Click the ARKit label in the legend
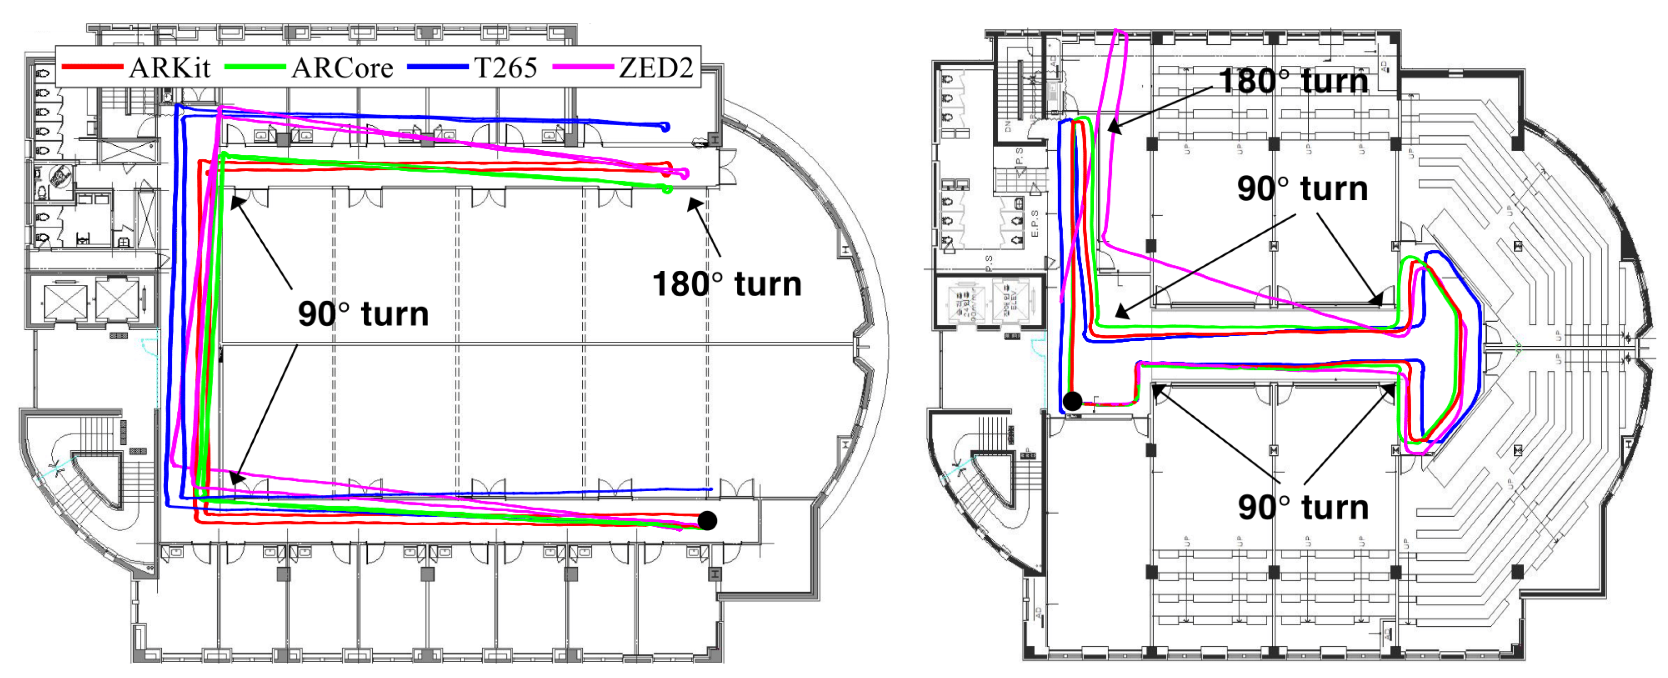point(170,67)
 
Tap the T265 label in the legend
point(506,67)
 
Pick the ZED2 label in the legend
point(655,67)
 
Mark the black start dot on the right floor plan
point(1072,401)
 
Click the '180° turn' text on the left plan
point(726,284)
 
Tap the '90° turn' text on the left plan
point(363,314)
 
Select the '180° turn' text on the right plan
point(1293,81)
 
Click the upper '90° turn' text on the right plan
point(1302,188)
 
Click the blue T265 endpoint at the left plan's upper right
point(666,127)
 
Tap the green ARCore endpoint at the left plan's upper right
point(668,189)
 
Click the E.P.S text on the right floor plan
point(1034,224)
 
